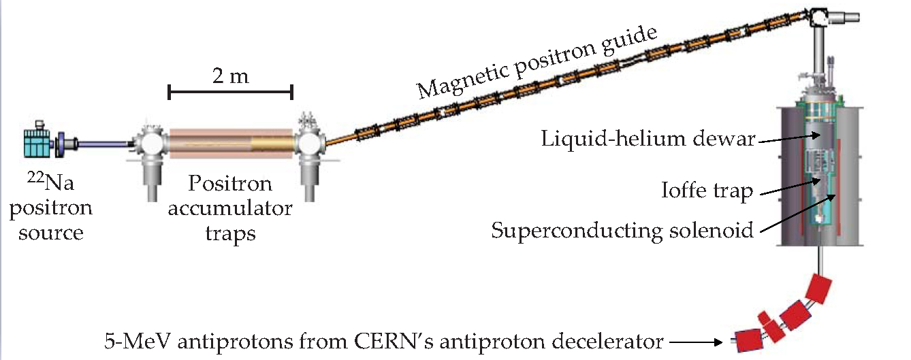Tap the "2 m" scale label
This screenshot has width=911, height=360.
229,76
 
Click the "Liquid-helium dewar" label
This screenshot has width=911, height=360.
648,140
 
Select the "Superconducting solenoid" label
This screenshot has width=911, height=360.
622,231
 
